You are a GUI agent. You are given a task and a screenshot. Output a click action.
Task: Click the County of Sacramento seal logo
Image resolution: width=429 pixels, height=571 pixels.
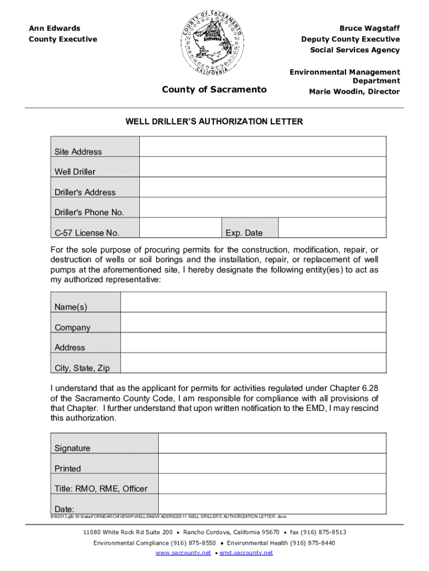[212, 44]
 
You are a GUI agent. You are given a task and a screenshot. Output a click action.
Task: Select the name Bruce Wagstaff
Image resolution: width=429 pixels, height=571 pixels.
[369, 28]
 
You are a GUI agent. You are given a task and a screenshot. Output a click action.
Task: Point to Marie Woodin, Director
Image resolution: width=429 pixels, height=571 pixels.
[354, 91]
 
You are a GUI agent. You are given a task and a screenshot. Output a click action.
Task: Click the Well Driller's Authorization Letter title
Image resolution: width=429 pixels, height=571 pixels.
[214, 122]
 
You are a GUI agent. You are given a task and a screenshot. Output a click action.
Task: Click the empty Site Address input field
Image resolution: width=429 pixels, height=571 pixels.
[262, 147]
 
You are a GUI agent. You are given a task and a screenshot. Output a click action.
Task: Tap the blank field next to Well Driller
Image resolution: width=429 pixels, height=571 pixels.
[262, 167]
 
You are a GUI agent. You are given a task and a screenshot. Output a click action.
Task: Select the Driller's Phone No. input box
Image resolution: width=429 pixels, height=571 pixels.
[262, 207]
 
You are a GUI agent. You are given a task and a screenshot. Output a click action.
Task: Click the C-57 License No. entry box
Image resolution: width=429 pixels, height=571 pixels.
[181, 228]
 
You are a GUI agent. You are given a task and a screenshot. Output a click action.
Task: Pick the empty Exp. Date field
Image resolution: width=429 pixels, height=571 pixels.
[331, 228]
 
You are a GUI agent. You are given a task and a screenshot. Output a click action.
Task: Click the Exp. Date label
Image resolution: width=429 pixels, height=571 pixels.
[244, 233]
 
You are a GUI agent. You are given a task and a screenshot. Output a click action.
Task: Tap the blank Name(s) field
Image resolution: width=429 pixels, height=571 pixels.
[253, 302]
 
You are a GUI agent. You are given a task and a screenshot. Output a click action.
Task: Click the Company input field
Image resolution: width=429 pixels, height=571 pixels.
[253, 322]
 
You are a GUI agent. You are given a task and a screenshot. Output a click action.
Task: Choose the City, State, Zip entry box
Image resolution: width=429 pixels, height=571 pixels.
[253, 363]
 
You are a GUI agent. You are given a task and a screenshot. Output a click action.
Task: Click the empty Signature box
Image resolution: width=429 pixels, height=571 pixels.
[272, 443]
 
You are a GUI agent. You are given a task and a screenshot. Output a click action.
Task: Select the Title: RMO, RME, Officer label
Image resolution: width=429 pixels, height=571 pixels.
[101, 488]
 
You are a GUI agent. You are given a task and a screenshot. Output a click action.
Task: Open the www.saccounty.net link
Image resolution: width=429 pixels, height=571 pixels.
[183, 553]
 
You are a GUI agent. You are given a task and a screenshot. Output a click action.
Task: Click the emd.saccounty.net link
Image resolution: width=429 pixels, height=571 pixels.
[246, 553]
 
